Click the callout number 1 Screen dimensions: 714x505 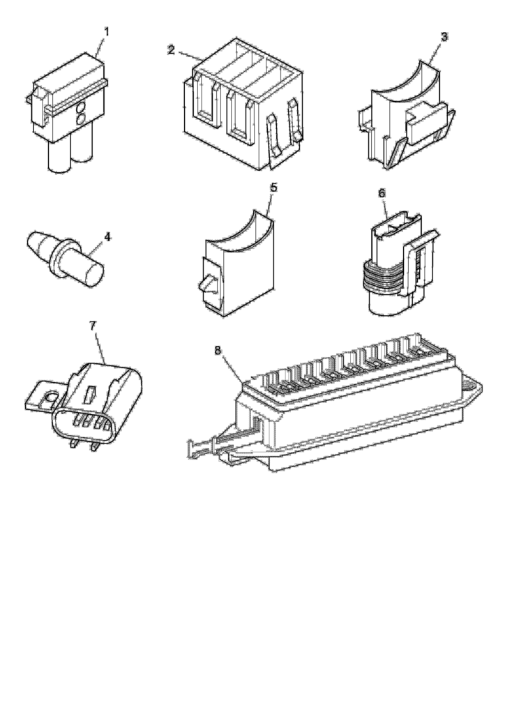107,31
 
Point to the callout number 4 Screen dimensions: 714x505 107,236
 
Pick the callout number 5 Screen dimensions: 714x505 273,188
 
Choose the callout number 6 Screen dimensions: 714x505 382,192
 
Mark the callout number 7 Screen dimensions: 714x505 93,326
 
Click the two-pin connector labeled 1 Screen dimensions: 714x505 70,112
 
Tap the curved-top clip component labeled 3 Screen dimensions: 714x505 408,115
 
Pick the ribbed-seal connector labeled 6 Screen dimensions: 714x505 394,265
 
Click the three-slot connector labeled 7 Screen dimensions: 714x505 98,404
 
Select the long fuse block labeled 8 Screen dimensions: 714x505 349,411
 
